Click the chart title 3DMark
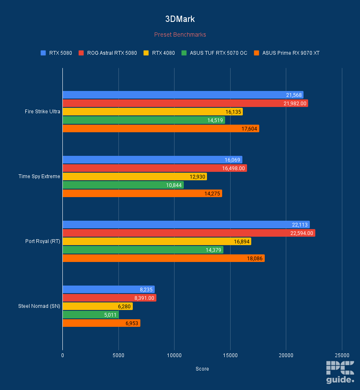click(180, 19)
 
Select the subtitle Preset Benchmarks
click(180, 35)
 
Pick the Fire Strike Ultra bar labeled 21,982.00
click(185, 103)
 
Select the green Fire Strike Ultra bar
click(144, 120)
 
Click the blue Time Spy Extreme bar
click(152, 160)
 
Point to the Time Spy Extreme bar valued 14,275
click(142, 193)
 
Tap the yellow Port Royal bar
click(157, 241)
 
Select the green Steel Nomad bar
click(91, 315)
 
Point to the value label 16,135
click(234, 112)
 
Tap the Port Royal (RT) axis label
click(43, 241)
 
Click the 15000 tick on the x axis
click(230, 355)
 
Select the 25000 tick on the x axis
click(342, 355)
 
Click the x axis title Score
click(202, 369)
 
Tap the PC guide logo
click(340, 372)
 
